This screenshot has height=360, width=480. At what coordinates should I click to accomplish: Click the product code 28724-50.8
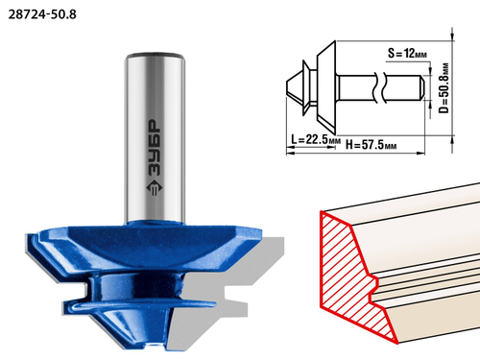42,14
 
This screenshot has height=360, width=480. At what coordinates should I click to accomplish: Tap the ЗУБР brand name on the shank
155,148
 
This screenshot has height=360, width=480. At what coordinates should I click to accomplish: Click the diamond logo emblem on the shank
155,188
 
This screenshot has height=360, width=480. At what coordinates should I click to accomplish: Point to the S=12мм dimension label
407,53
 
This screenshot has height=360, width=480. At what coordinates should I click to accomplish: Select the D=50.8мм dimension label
444,87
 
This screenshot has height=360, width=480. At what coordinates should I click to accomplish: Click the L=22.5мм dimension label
316,140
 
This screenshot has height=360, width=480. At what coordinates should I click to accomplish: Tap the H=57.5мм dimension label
372,145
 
